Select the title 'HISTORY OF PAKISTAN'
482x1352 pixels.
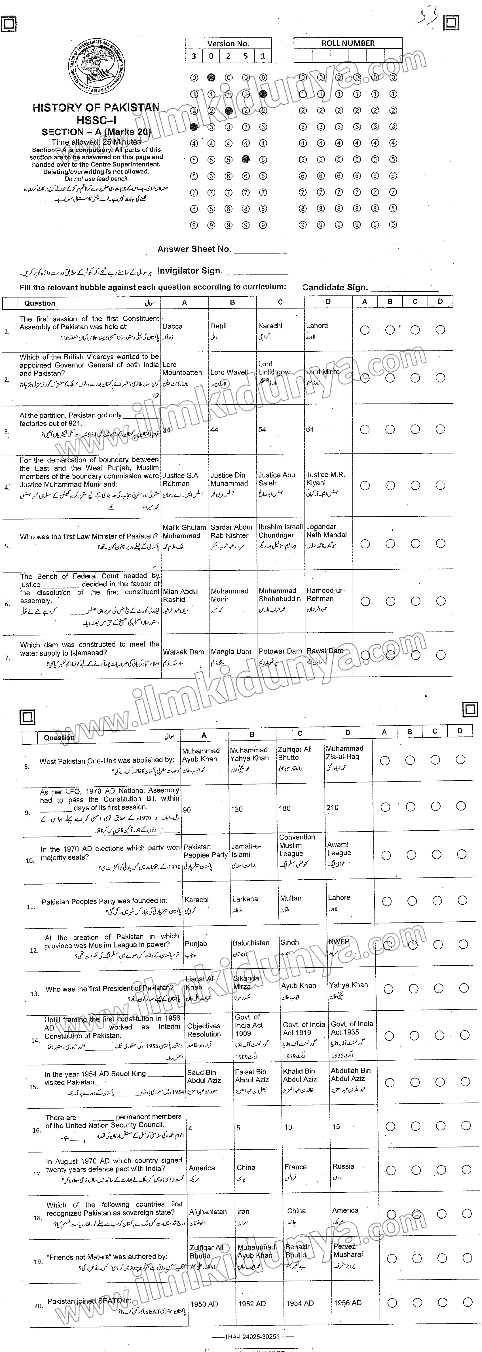(96, 108)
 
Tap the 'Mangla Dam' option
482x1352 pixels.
(231, 651)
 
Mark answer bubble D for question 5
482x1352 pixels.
(440, 544)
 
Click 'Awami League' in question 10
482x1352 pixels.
(339, 849)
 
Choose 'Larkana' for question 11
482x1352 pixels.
(245, 899)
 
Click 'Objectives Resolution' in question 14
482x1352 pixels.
(204, 1030)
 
